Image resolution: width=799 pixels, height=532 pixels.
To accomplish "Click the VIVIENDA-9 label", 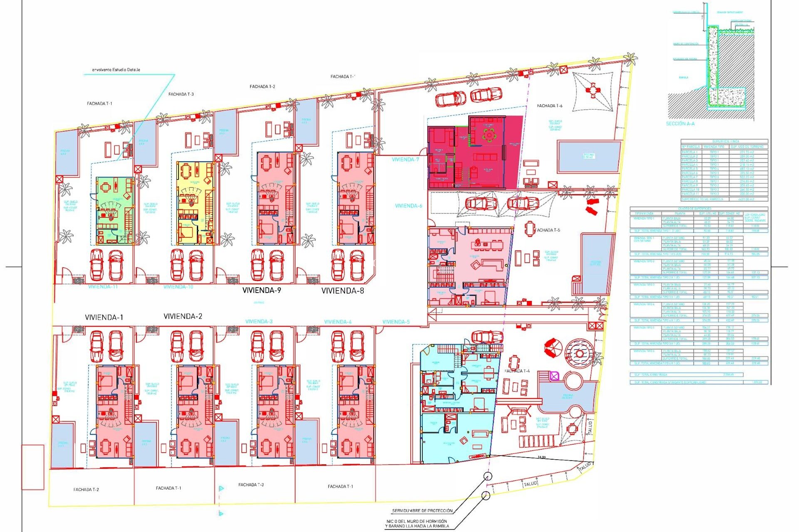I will (x=261, y=291).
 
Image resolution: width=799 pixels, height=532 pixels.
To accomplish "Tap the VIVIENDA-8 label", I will (x=342, y=291).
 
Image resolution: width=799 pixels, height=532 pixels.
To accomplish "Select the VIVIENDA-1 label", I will (x=104, y=317).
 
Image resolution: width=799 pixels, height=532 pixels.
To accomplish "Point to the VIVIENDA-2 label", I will (x=183, y=316).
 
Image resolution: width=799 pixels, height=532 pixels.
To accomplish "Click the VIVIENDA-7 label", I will (x=405, y=160).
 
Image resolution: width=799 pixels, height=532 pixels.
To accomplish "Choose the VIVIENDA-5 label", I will (x=396, y=322).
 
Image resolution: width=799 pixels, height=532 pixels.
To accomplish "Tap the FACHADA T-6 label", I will (x=549, y=106).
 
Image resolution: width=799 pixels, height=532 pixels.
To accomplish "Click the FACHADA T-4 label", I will (x=517, y=371).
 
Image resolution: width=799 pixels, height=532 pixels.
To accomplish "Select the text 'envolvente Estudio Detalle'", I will (x=116, y=70).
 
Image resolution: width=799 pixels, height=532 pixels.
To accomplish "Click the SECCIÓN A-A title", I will (x=680, y=124).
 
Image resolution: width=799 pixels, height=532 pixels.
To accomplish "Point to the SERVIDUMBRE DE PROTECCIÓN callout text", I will (x=422, y=511).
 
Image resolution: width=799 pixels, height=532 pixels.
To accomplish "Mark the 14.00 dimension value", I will (x=541, y=457).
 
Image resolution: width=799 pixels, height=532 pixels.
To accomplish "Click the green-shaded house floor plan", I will (x=115, y=211).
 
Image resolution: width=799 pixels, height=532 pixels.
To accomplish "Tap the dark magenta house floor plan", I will (x=474, y=152).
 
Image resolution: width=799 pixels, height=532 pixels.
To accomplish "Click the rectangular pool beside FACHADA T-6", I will (x=589, y=156).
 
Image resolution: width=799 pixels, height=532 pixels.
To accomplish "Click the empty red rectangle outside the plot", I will (x=33, y=467).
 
